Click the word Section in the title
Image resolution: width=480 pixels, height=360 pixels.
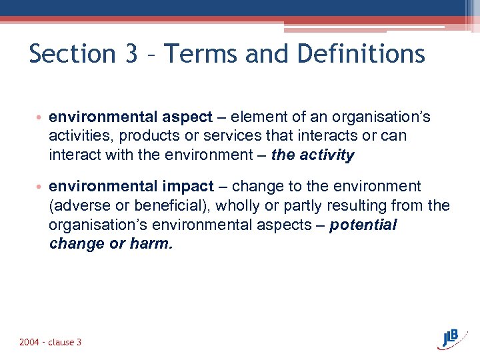pyautogui.click(x=73, y=53)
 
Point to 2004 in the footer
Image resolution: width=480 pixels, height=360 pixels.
pyautogui.click(x=29, y=342)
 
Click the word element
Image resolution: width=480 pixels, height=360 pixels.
pyautogui.click(x=257, y=117)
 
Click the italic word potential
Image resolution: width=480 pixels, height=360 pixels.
pyautogui.click(x=363, y=225)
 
